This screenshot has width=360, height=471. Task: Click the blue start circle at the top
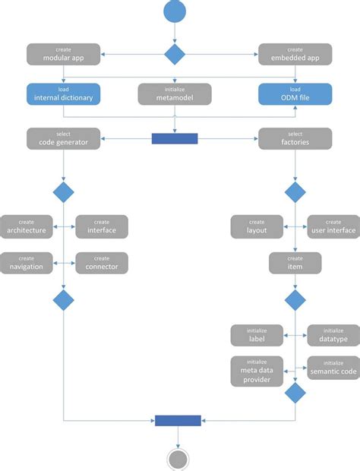coord(175,11)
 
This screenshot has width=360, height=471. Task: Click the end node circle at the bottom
coord(178,460)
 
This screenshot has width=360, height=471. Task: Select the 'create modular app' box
coord(63,54)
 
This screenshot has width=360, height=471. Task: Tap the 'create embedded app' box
coord(295,54)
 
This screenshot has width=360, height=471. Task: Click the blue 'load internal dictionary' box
coord(63,94)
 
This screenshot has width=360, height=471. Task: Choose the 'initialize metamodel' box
coord(175,94)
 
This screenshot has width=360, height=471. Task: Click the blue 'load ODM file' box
coord(295,94)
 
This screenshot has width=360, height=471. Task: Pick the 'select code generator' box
coord(63,138)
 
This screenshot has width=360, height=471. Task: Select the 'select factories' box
coord(295,138)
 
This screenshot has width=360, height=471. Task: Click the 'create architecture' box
coord(27,226)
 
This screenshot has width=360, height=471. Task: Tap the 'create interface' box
coord(101,226)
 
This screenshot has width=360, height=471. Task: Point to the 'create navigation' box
coord(27,263)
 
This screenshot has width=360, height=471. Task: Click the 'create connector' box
coord(101,263)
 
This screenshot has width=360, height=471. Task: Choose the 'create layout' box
coord(257,226)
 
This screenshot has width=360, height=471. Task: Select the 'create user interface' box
coord(333,226)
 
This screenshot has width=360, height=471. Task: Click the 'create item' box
coord(295,263)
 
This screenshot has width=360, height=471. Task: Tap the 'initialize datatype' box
coord(333,335)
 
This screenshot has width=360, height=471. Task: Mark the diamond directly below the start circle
coord(175,54)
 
